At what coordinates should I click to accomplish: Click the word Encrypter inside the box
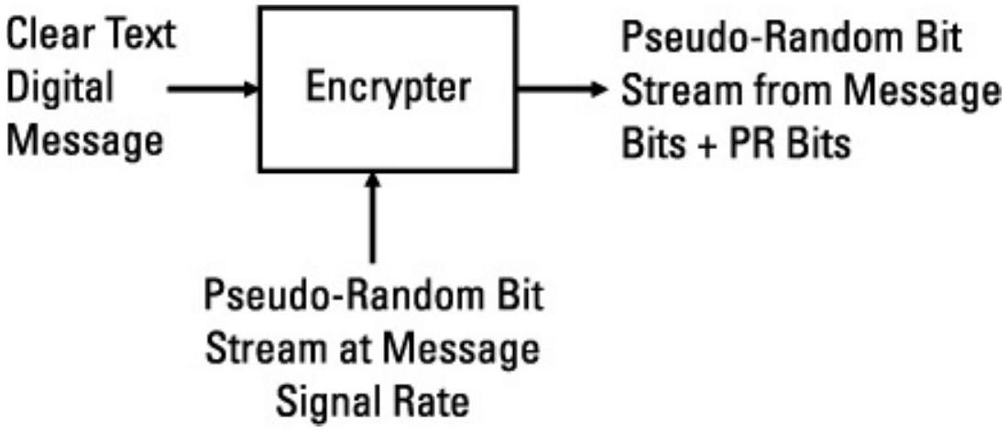click(x=389, y=89)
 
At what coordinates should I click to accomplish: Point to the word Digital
click(x=59, y=89)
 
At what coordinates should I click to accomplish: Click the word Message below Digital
click(x=83, y=141)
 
